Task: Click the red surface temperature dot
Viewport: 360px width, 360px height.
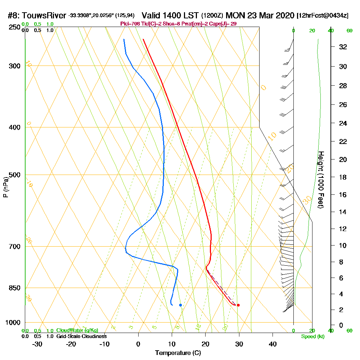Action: click(x=238, y=305)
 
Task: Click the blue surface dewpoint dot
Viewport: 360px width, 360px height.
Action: click(x=180, y=305)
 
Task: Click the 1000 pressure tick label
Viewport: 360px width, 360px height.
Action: click(x=13, y=323)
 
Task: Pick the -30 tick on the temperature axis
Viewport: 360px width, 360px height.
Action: click(x=37, y=344)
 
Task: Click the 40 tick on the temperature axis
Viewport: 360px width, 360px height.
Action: click(x=273, y=344)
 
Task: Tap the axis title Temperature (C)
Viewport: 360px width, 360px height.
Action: click(x=178, y=353)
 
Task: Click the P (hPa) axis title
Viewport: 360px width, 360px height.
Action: click(x=5, y=187)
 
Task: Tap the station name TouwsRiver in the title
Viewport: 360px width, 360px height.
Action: click(x=44, y=16)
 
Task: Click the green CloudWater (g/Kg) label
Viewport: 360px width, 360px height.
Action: click(x=77, y=330)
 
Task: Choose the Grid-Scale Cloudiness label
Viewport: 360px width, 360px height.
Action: click(x=81, y=336)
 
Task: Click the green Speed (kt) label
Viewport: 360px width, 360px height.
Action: click(x=314, y=337)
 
